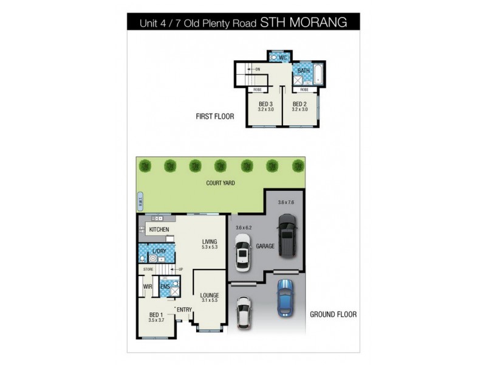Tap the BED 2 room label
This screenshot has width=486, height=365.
coord(299,103)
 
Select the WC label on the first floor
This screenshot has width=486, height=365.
coord(282,58)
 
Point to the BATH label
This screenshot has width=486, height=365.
coord(303,71)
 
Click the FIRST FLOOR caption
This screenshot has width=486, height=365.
coord(215,116)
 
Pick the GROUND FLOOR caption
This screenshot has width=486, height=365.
coord(333,315)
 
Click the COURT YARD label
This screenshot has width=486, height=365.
coord(220,182)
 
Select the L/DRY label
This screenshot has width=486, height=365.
coord(159,252)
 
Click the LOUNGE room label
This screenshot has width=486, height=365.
coord(209,296)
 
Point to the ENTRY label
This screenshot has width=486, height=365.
coord(185,310)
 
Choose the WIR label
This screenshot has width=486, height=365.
coord(147,286)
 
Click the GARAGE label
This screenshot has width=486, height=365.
coord(265,246)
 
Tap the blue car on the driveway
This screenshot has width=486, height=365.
coord(284,298)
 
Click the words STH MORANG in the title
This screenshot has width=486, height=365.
coord(304,23)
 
